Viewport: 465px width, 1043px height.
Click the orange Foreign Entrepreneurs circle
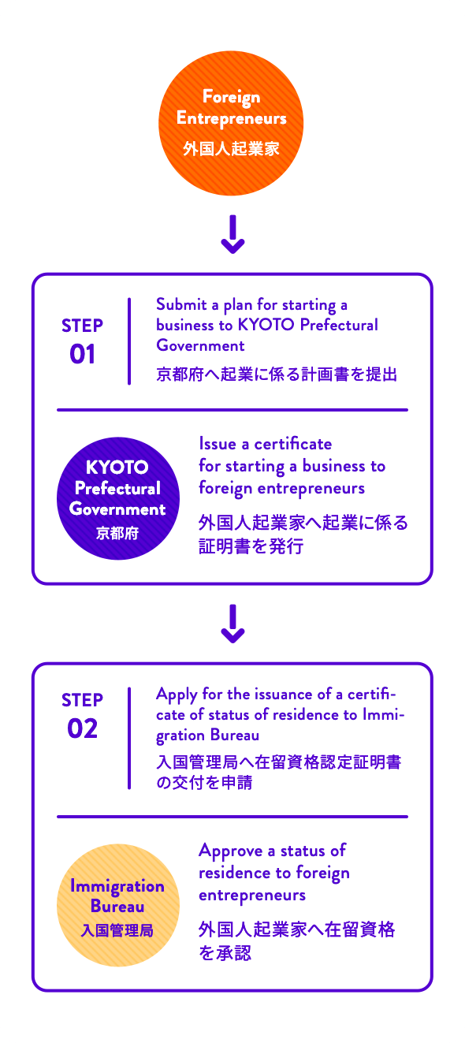coord(231,123)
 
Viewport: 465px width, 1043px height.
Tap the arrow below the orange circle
coord(232,234)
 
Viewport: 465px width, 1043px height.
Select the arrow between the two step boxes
coord(232,624)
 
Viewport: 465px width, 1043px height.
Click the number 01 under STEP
coord(83,354)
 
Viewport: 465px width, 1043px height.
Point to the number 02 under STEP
coord(83,728)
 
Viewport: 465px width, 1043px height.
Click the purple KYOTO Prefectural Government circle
coord(118,498)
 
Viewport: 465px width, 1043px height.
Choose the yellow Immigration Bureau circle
coord(118,905)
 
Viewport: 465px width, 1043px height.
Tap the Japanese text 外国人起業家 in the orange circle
coord(231,148)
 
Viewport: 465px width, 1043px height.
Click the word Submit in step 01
coord(181,304)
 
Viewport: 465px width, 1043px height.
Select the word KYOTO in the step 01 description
coord(266,325)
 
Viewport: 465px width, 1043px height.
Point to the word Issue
coord(218,444)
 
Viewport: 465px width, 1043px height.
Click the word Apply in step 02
coord(177,695)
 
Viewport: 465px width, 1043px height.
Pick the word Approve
coord(231,851)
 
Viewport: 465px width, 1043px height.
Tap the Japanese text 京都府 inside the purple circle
coord(117,533)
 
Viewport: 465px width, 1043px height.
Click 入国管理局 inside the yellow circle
coord(117,930)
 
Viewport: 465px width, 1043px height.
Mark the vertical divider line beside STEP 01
coord(129,341)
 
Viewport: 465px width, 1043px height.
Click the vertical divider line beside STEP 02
coord(129,738)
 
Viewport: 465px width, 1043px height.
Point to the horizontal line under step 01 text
coord(232,410)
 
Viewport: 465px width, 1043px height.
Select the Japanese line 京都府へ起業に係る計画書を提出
coord(277,374)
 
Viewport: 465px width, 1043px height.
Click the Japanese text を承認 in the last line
coord(225,952)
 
